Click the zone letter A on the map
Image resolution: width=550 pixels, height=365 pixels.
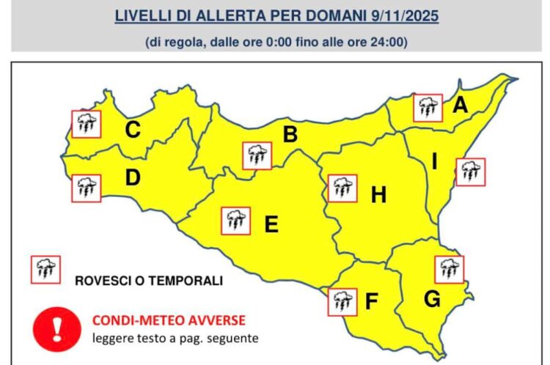[460, 106]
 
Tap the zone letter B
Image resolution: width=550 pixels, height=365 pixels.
[290, 135]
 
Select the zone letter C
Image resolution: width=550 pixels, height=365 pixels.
[133, 130]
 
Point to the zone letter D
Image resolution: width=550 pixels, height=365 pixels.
[133, 177]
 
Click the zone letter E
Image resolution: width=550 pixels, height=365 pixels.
[271, 224]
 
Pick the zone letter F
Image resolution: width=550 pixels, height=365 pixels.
[372, 301]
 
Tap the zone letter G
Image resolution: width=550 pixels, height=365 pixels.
[433, 299]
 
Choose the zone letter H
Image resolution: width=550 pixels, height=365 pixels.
[378, 195]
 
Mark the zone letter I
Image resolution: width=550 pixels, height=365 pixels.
[434, 162]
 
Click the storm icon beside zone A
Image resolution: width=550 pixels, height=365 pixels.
[428, 108]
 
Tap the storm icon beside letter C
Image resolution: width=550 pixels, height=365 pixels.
[86, 123]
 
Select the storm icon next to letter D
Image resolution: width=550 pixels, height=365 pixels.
[86, 188]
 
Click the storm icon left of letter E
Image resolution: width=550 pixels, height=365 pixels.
[235, 220]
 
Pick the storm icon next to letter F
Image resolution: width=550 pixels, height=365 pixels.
[341, 301]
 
